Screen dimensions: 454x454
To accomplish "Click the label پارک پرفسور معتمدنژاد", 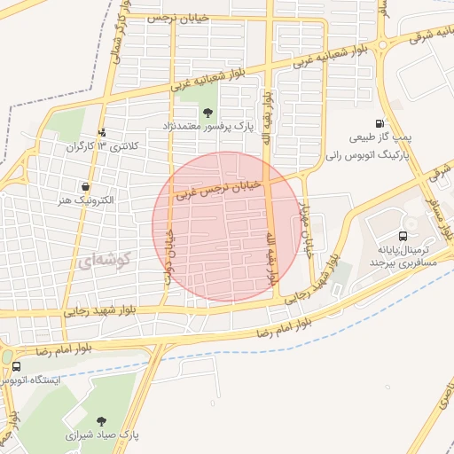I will coord(207,128).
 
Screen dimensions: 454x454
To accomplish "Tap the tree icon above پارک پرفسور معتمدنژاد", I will coord(207,112).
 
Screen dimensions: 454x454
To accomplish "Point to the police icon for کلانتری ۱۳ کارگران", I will coord(102,133).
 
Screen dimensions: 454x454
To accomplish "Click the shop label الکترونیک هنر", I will coord(85,201).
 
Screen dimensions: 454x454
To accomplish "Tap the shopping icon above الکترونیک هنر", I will coord(85,186).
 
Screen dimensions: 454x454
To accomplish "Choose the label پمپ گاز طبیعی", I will coord(380,137).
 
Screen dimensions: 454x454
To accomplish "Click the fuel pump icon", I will coord(380,123).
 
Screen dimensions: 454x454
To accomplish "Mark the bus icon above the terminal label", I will coord(403,236).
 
